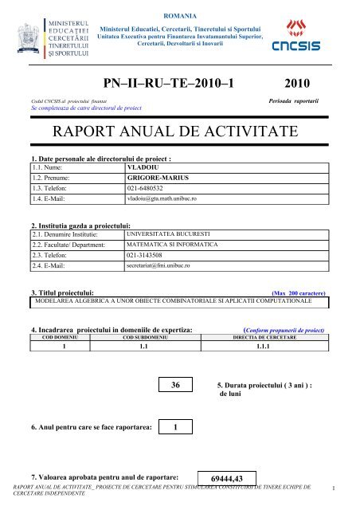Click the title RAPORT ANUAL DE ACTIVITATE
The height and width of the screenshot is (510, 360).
[180, 131]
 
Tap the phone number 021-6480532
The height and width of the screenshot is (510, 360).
[149, 191]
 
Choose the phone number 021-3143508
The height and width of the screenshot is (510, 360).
[149, 258]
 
